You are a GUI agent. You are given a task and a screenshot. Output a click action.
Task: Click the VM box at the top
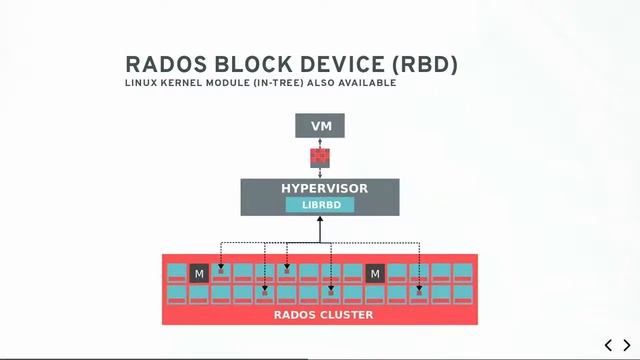point(320,126)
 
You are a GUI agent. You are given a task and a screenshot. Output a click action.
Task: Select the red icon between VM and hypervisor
point(320,156)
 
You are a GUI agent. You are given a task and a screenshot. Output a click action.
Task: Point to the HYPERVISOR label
point(320,188)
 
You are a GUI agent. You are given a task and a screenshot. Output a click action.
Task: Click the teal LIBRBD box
point(320,204)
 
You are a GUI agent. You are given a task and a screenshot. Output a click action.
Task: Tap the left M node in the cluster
point(199,273)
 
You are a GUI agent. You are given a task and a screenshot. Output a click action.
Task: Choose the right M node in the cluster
point(375,273)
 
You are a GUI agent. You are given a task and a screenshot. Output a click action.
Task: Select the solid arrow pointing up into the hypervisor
point(320,229)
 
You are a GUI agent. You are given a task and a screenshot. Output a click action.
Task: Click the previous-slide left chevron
point(609,345)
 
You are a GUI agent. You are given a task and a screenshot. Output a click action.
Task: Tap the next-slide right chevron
point(626,345)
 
